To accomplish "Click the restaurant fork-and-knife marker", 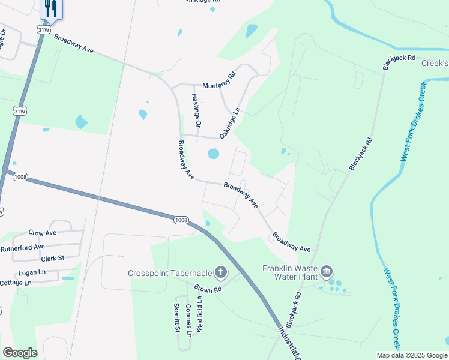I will (x=50, y=8).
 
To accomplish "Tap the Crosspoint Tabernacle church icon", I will (x=220, y=273).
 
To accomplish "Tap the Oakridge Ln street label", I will (x=229, y=123).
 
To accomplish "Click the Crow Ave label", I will (x=43, y=232).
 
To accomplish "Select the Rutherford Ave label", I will (x=23, y=247).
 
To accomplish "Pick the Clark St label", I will (x=52, y=258).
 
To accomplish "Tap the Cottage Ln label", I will (x=14, y=283).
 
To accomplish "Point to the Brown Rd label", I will (x=208, y=289).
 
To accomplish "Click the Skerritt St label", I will (x=177, y=317).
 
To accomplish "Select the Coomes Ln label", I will (x=188, y=320).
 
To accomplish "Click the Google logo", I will (x=20, y=353).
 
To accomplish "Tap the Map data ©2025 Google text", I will (x=412, y=355).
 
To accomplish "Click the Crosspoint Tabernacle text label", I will (x=170, y=273).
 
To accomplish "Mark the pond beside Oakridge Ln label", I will (x=213, y=154).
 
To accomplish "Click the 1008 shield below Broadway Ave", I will (x=181, y=220).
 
